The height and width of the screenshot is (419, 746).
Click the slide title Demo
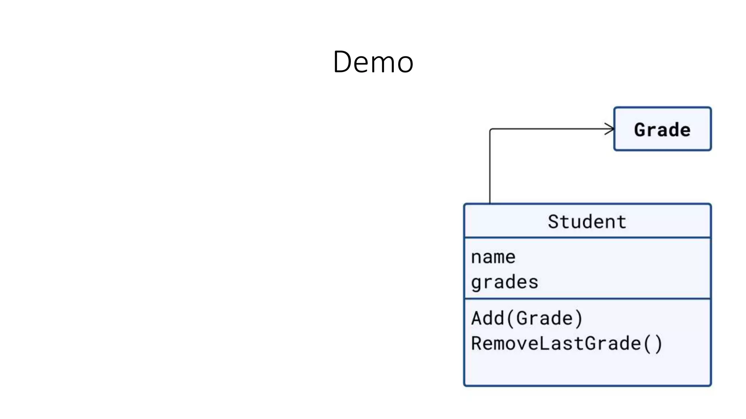click(373, 62)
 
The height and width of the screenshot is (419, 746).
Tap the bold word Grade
click(662, 130)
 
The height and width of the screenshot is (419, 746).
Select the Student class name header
click(587, 222)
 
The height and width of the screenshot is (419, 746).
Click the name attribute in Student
click(493, 257)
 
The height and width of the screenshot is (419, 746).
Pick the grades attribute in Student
click(504, 282)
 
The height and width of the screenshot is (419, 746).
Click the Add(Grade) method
click(527, 318)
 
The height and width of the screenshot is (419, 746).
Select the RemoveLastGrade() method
click(566, 344)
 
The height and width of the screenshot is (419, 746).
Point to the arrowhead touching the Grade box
click(610, 129)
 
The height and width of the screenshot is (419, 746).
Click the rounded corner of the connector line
click(491, 130)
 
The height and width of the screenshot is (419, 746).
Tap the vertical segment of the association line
click(490, 167)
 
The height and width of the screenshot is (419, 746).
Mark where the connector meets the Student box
click(490, 203)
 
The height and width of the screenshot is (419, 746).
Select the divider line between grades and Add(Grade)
click(587, 299)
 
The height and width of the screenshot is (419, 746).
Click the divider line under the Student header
click(587, 238)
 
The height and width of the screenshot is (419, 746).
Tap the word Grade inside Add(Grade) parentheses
click(544, 318)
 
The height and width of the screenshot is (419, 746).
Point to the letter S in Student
click(553, 222)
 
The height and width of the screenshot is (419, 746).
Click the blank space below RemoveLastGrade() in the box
click(587, 369)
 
